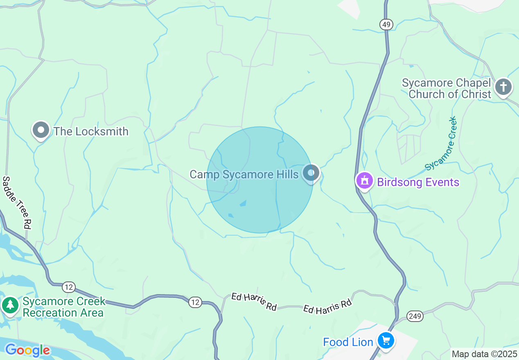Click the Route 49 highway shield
click(x=386, y=25)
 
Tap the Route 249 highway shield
click(x=415, y=315)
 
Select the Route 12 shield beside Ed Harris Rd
click(x=195, y=302)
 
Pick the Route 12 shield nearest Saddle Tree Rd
click(x=68, y=288)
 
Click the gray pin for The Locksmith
click(x=41, y=130)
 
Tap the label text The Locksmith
click(x=91, y=131)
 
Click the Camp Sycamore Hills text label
click(x=244, y=175)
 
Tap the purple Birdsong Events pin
click(x=364, y=181)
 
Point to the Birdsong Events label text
click(x=418, y=182)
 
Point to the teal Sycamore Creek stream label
click(x=441, y=143)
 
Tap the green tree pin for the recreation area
click(x=10, y=305)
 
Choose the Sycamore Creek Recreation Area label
click(x=63, y=307)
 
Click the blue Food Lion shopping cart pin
click(x=386, y=340)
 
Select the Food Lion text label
click(x=348, y=342)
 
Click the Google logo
click(x=27, y=350)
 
